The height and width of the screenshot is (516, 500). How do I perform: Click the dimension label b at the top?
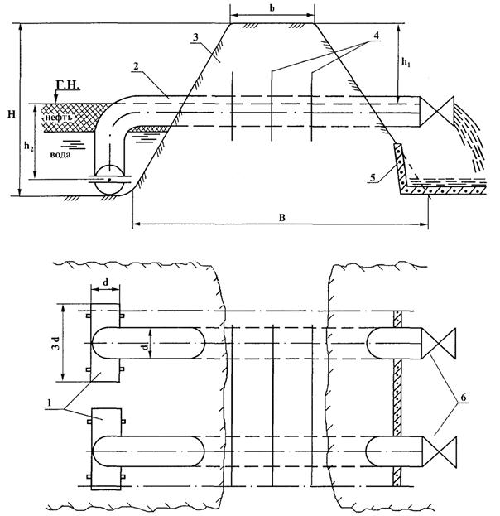[x=272, y=8]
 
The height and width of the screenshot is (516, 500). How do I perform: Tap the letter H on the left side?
[x=8, y=110]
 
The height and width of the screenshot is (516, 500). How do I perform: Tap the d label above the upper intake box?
[x=106, y=282]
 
